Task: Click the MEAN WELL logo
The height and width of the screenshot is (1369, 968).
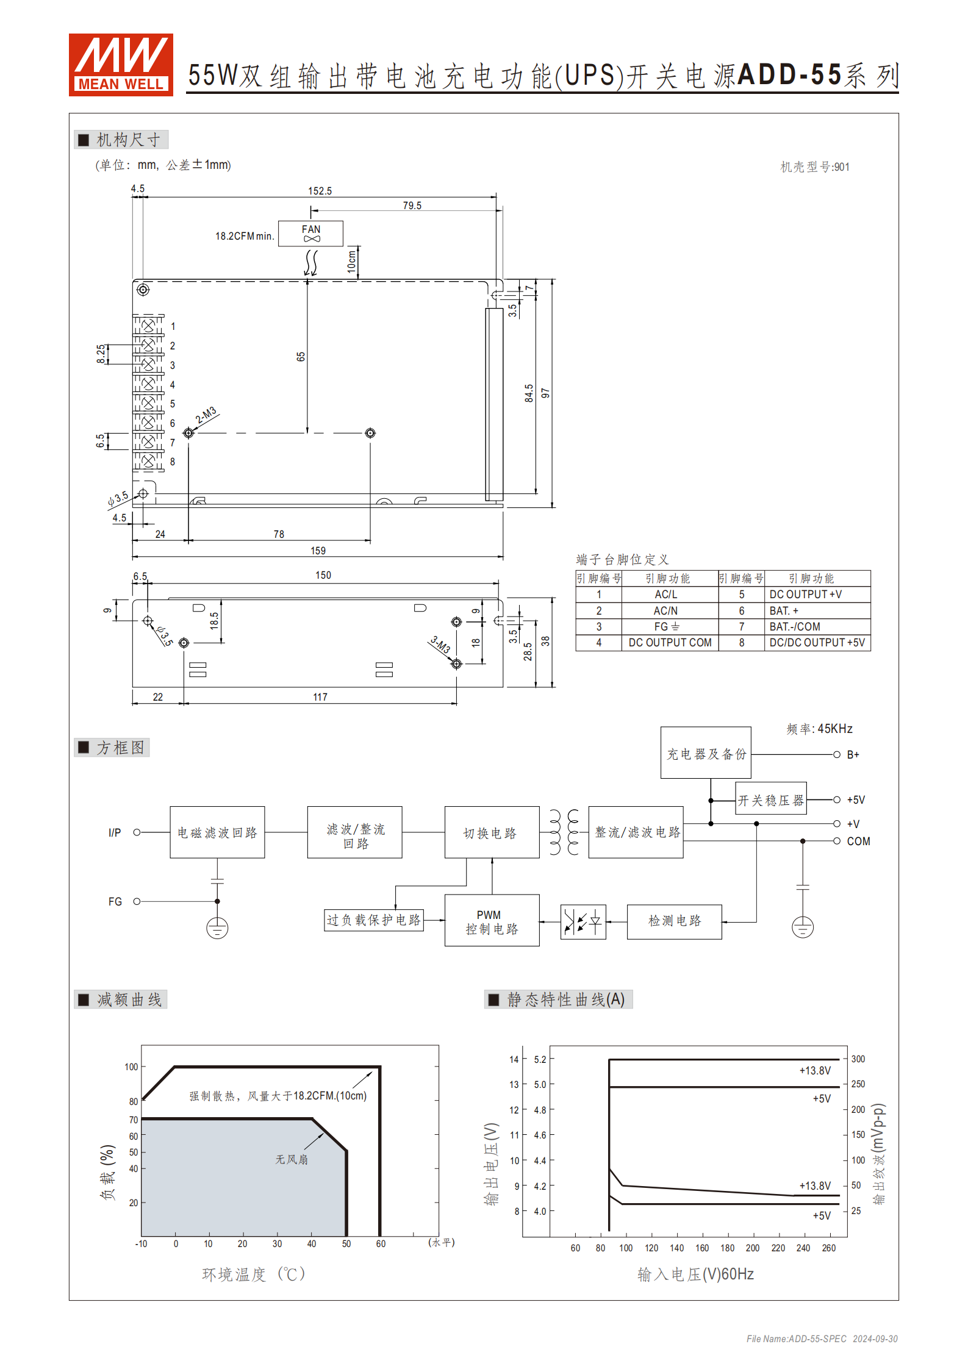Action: point(121,65)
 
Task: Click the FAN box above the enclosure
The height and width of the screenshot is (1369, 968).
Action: point(310,233)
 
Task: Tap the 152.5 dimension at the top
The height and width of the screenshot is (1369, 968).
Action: point(320,191)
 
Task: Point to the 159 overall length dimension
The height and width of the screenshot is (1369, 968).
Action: point(318,551)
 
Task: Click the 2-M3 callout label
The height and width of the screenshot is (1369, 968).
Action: point(206,415)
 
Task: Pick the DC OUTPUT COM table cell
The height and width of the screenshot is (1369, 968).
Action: point(670,643)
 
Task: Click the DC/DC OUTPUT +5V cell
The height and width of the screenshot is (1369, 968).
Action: point(817,643)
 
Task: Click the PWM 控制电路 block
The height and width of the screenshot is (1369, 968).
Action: point(492,921)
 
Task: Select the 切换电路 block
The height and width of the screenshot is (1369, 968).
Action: point(492,832)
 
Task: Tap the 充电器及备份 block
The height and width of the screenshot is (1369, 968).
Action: point(706,753)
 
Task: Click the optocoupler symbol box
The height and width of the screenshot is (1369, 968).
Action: point(583,922)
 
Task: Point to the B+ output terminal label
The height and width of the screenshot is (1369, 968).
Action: point(853,755)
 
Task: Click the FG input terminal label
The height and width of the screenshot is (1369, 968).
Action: point(115,901)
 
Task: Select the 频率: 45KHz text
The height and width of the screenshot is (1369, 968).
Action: point(819,729)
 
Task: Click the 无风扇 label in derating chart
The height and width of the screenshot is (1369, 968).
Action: point(292,1159)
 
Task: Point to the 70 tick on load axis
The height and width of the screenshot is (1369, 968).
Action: point(134,1120)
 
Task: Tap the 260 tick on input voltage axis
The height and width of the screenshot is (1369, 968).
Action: point(828,1248)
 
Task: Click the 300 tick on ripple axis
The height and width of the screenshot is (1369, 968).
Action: point(858,1059)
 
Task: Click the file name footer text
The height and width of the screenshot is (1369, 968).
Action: point(822,1339)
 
